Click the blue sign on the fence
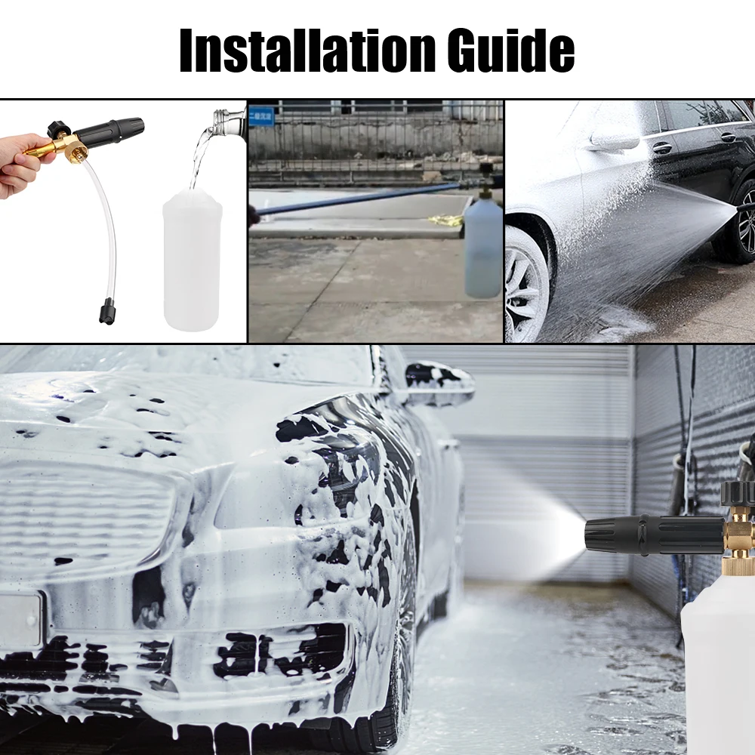click(262, 116)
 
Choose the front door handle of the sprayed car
click(661, 147)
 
